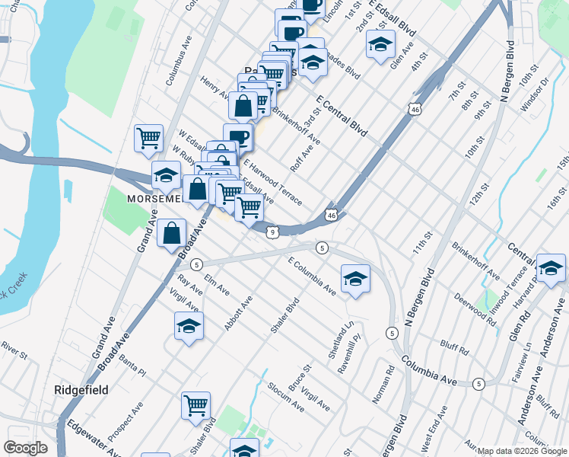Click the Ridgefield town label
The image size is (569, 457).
click(x=81, y=390)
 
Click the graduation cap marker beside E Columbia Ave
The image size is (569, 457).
click(x=355, y=279)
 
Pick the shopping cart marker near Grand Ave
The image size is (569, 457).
click(x=148, y=139)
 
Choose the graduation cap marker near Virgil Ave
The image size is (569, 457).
click(x=189, y=327)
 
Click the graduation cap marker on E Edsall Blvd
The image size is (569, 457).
click(x=380, y=44)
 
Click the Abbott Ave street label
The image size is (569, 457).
click(x=238, y=314)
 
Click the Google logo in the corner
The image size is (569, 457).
click(x=25, y=448)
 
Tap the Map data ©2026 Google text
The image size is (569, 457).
click(x=522, y=451)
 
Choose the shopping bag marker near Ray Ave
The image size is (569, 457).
click(x=172, y=234)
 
